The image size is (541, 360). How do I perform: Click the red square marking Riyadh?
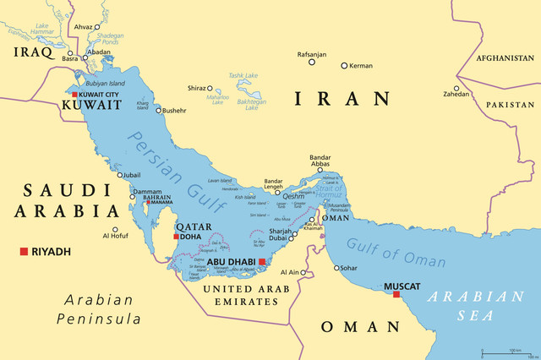tap(25, 251)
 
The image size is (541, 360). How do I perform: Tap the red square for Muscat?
tap(396, 295)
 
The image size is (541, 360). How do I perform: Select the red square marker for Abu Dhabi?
tap(262, 262)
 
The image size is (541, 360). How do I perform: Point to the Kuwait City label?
tap(98, 95)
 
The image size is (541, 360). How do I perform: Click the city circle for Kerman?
tap(344, 65)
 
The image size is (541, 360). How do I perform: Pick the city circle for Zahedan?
tap(456, 88)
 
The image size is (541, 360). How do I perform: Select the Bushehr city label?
tap(174, 110)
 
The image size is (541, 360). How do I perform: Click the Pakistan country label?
tap(511, 104)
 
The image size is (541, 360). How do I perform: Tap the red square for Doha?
tap(176, 237)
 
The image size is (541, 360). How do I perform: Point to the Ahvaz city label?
tap(82, 26)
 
